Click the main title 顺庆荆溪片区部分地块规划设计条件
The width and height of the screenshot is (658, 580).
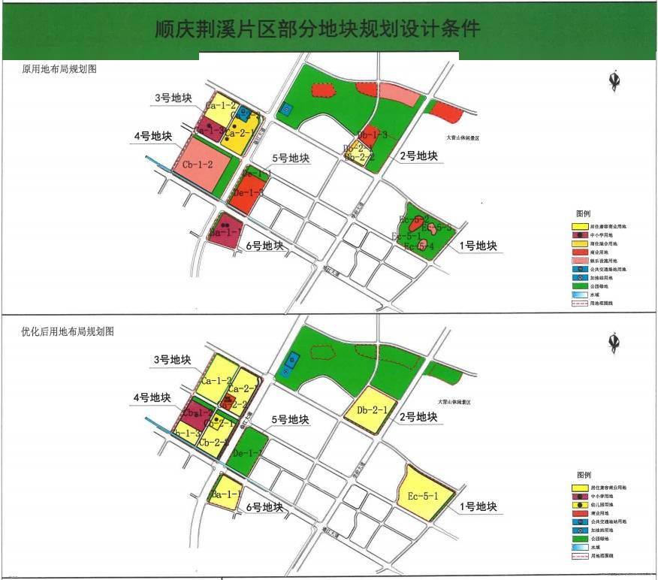(316, 30)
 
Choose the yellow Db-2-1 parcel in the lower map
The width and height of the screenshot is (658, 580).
(373, 410)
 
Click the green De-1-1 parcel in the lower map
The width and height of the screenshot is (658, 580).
(246, 452)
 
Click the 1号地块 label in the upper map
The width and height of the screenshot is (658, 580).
(478, 246)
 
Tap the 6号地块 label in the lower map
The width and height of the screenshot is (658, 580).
(264, 508)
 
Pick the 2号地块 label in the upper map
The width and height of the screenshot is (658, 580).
(418, 156)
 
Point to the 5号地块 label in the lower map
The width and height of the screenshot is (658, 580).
(289, 420)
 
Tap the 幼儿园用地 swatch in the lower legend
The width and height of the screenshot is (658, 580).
(579, 504)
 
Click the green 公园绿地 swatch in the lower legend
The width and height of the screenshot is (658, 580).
(579, 539)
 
